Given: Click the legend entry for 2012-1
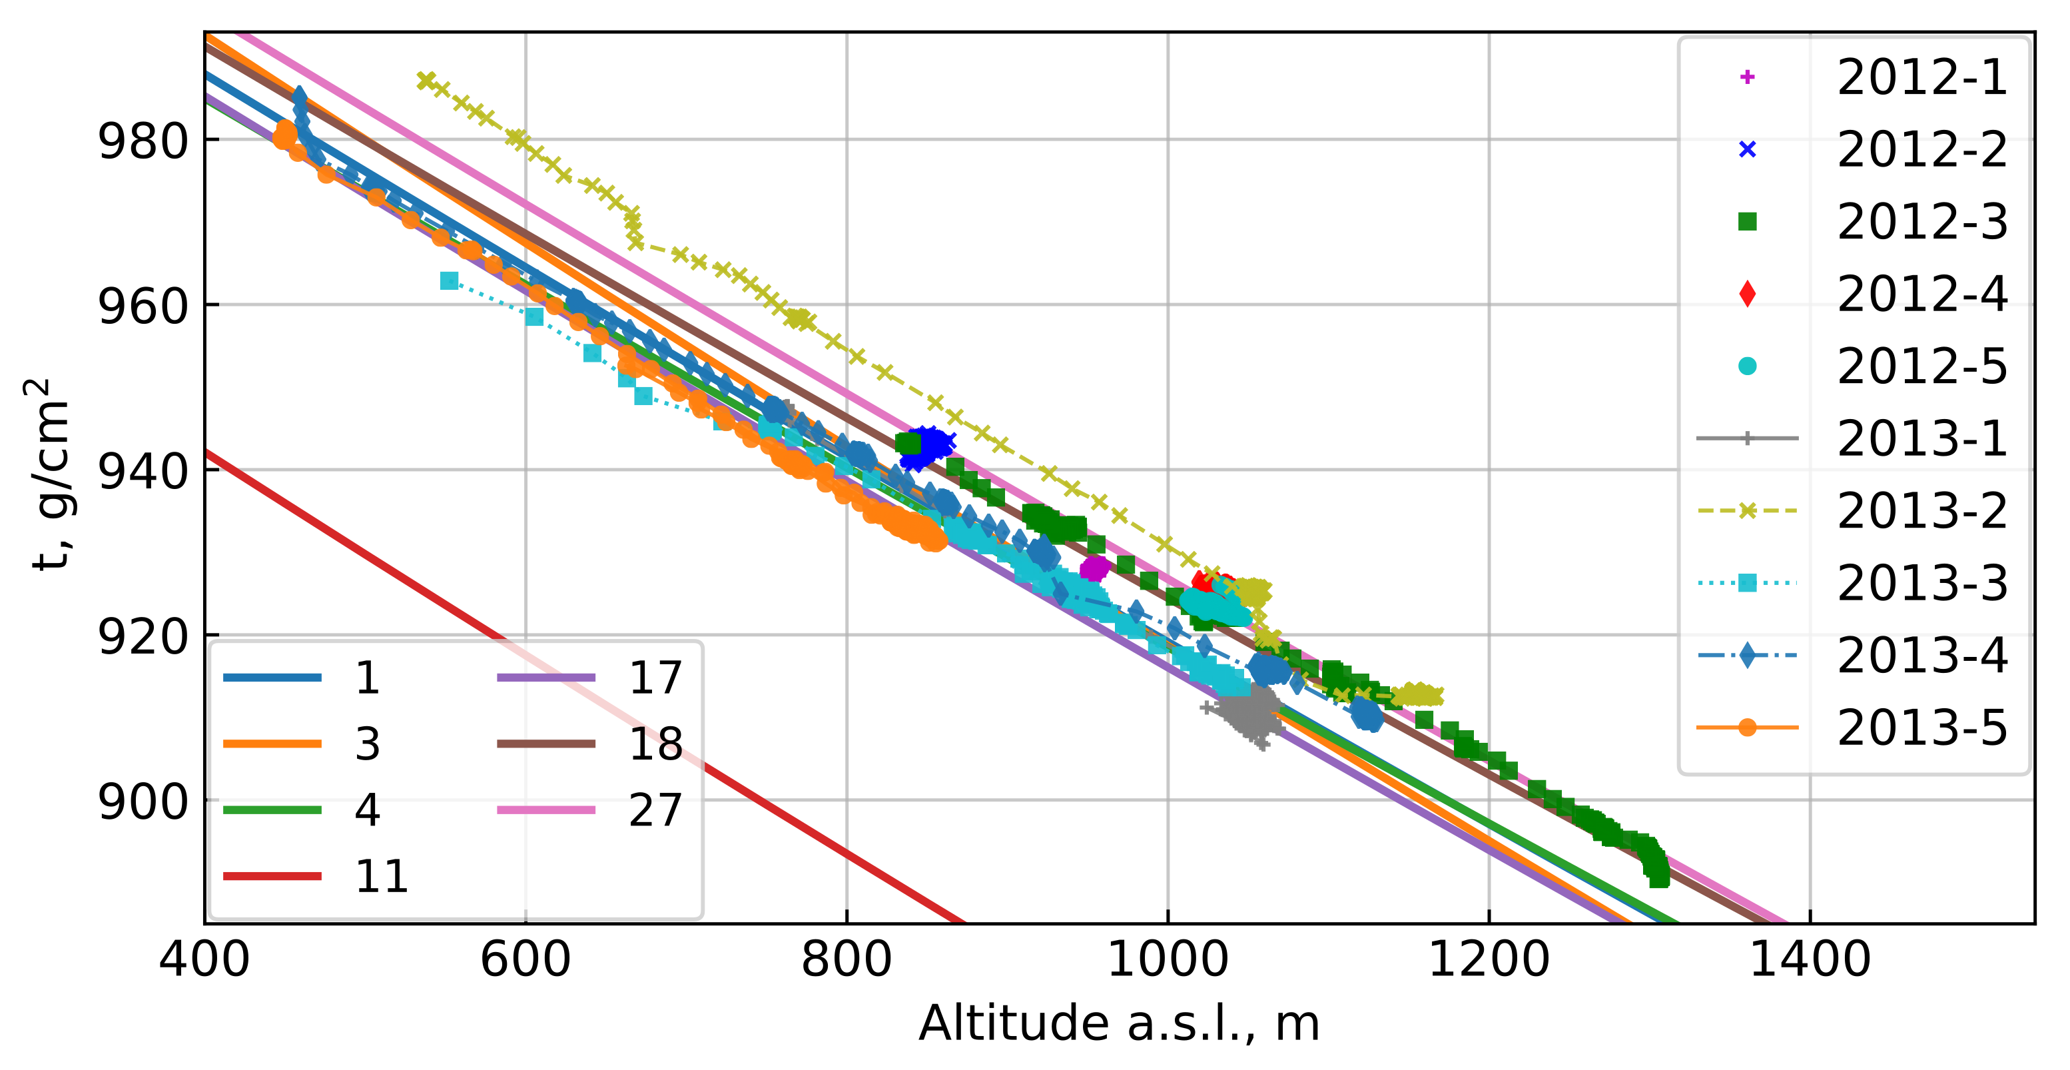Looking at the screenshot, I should (x=1921, y=78).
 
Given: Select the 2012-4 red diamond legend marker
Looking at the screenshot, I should (x=1747, y=294).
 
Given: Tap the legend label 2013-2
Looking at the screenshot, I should (x=1921, y=511).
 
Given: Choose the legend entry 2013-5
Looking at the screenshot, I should (x=1921, y=728).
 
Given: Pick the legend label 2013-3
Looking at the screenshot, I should (x=1921, y=584).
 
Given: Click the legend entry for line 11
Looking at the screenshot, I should (x=381, y=875).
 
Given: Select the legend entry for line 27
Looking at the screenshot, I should (x=654, y=809).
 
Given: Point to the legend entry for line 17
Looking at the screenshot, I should (x=654, y=678).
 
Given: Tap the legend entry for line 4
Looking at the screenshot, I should (x=366, y=809).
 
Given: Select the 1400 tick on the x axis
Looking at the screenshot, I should (x=1810, y=960).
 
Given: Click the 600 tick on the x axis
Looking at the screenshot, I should (x=525, y=960).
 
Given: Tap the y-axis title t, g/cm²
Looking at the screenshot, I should (x=48, y=474).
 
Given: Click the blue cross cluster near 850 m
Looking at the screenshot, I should (x=926, y=446).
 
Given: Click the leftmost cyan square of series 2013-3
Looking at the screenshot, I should (x=449, y=280).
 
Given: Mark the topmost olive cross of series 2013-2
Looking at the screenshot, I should (x=426, y=81).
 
